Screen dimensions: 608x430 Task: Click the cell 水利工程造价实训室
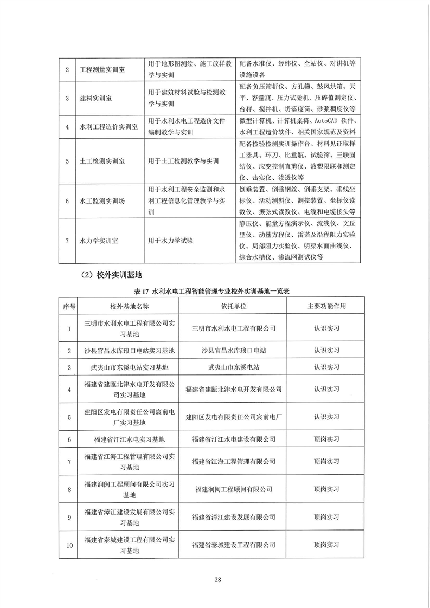(x=108, y=127)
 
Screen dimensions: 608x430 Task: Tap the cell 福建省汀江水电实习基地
(x=129, y=439)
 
